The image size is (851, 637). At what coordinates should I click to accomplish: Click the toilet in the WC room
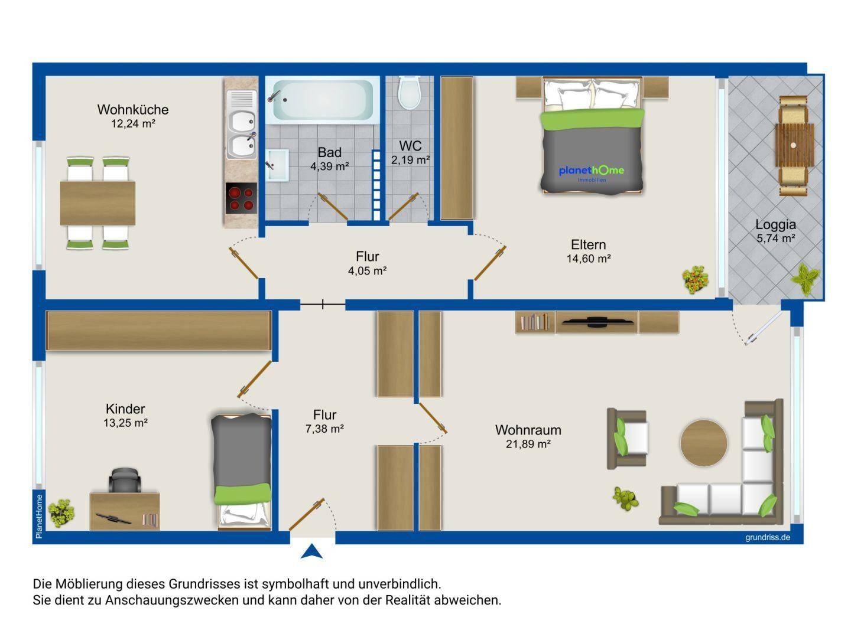408,93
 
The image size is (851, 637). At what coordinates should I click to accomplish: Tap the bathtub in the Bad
322,100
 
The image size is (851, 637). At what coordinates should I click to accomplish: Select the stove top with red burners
241,198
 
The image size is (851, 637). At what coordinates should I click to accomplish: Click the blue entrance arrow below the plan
311,551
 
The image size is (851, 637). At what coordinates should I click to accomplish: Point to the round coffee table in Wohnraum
703,443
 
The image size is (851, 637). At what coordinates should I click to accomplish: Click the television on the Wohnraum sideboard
597,322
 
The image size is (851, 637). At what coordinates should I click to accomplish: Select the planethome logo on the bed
592,172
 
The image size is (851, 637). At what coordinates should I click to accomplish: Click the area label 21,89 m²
528,445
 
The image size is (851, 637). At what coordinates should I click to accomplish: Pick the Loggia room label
775,224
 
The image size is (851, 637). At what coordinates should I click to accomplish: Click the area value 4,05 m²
368,271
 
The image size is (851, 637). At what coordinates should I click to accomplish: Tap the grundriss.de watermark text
767,538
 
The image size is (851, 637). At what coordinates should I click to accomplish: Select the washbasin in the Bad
276,165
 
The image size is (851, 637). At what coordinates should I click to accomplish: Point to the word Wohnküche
133,109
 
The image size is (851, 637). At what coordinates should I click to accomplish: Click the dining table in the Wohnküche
98,203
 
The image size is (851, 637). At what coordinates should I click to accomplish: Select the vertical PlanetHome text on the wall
39,515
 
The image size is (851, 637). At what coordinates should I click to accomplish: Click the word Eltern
588,244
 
